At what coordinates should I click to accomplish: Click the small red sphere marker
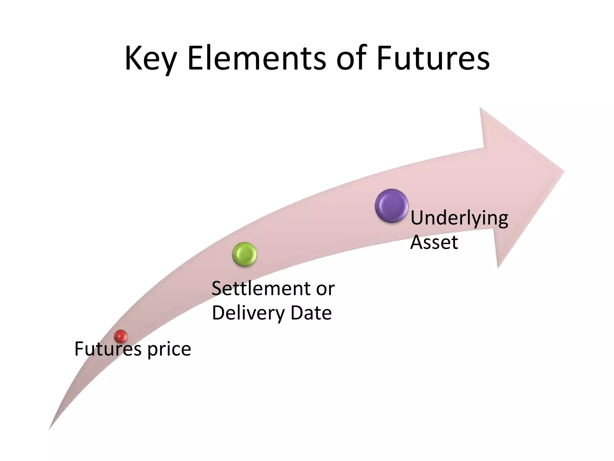[121, 336]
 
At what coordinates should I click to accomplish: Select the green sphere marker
[245, 254]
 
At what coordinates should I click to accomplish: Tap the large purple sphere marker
[392, 206]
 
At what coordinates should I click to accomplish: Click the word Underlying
[459, 218]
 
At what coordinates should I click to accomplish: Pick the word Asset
[434, 242]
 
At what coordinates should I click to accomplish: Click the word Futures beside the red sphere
[108, 349]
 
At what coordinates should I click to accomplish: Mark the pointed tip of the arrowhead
[564, 172]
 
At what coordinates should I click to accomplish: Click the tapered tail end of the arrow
[50, 428]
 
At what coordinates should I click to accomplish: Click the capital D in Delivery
[218, 313]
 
